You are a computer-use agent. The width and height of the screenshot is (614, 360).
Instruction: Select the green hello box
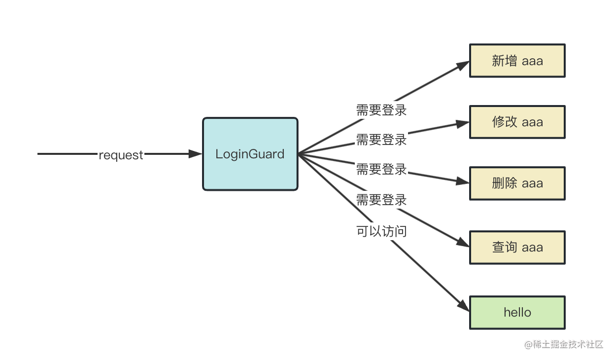pyautogui.click(x=517, y=313)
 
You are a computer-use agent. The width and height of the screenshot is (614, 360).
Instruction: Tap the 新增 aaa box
pyautogui.click(x=517, y=61)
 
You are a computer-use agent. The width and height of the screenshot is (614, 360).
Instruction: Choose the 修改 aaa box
pyautogui.click(x=517, y=122)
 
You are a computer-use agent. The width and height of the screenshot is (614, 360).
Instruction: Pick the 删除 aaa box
pyautogui.click(x=517, y=183)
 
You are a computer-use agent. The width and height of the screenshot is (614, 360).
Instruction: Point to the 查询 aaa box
pyautogui.click(x=517, y=247)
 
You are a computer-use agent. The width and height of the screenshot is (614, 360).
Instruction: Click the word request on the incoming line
pyautogui.click(x=121, y=155)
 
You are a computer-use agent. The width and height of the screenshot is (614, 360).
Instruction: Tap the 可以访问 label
pyautogui.click(x=381, y=231)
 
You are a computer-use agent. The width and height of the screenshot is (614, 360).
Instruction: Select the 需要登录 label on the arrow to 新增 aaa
pyautogui.click(x=381, y=110)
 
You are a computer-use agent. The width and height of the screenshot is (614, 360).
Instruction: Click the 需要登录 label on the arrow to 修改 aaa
pyautogui.click(x=381, y=140)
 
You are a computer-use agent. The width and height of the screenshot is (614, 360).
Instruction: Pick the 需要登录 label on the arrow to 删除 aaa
pyautogui.click(x=381, y=170)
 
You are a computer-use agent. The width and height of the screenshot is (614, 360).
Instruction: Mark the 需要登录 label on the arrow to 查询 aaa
pyautogui.click(x=381, y=200)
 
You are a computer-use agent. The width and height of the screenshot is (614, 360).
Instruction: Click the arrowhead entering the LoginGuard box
pyautogui.click(x=196, y=154)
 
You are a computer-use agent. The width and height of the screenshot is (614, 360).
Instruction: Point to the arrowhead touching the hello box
pyautogui.click(x=464, y=305)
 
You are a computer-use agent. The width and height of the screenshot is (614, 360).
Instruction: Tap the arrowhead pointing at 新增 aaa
pyautogui.click(x=463, y=65)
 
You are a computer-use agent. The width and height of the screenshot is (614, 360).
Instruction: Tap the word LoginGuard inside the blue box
pyautogui.click(x=250, y=154)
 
